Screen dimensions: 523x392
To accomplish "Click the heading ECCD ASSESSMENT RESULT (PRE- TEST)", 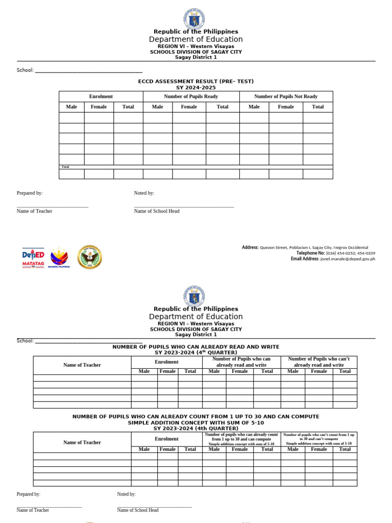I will point(196,82).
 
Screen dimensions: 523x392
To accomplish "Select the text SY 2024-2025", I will point(196,87).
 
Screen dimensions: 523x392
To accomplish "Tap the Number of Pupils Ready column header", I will point(191,97).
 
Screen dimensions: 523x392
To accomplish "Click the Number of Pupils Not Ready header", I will point(286,97).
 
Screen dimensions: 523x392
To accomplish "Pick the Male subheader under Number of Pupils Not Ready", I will point(254,107).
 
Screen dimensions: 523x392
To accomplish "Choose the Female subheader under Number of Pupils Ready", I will point(189,107).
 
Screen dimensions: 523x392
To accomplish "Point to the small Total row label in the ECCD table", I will point(65,167).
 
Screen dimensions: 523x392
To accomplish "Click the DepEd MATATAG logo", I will point(33,257).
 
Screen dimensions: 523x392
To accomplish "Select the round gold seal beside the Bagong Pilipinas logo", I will point(89,257).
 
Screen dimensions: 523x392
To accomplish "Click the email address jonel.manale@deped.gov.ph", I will point(347,259).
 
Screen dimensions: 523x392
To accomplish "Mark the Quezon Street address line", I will point(313,248).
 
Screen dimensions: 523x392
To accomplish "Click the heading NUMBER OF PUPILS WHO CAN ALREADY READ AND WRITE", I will point(196,347).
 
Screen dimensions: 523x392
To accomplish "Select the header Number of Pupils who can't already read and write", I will point(318,362).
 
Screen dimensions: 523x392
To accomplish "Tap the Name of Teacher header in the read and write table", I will point(82,365).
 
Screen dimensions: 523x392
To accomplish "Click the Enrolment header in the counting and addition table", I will point(167,439).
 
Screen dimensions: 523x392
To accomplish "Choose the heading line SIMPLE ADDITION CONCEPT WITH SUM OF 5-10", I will point(196,423).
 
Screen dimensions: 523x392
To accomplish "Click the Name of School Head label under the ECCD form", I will point(157,211).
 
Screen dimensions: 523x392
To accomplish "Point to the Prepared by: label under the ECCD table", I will point(30,193).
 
